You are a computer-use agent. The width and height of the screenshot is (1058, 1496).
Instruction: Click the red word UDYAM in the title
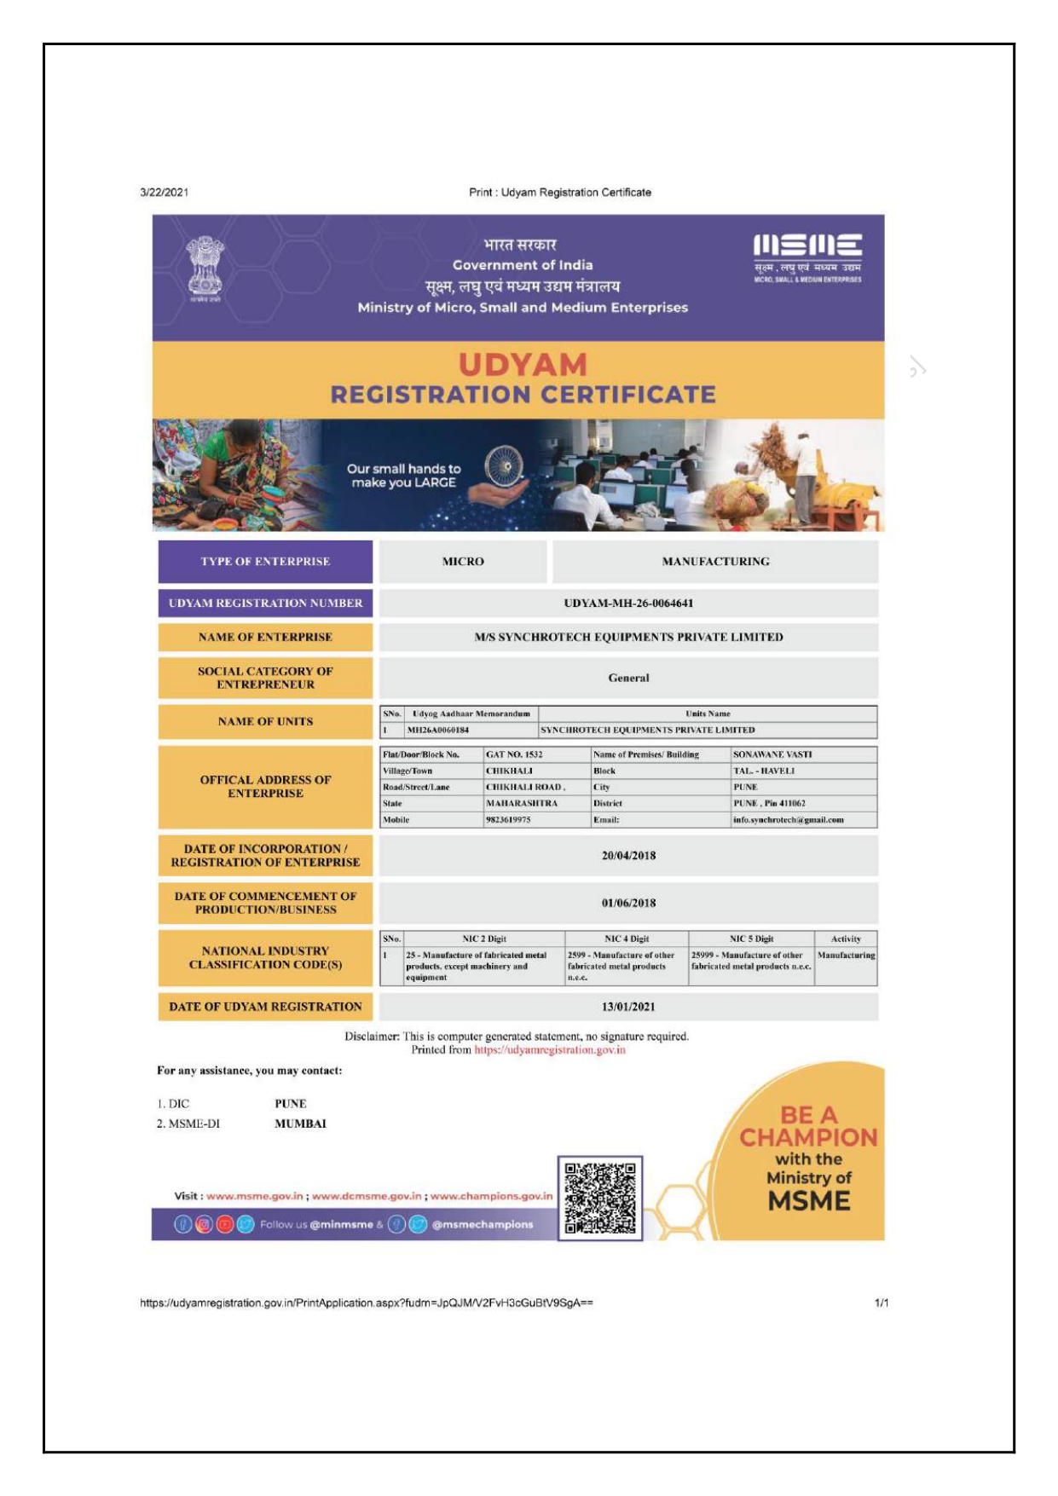[523, 365]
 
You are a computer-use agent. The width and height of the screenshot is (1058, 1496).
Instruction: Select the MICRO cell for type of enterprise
[463, 562]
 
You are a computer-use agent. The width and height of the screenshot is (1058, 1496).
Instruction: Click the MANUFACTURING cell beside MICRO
[715, 562]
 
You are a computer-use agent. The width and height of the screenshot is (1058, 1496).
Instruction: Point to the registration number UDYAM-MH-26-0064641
[628, 604]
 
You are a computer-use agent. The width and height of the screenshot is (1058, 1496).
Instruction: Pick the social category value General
[628, 679]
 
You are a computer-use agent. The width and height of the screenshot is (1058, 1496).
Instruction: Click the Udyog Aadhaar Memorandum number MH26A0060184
[438, 731]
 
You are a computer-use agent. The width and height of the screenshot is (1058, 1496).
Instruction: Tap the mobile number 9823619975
[508, 820]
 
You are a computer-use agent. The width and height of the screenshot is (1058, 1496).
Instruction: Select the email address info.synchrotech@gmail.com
[788, 820]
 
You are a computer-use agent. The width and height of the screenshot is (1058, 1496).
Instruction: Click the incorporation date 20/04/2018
[628, 856]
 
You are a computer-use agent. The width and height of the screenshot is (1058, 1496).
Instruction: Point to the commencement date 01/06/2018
[628, 904]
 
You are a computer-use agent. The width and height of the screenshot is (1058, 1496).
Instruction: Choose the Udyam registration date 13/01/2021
[628, 1007]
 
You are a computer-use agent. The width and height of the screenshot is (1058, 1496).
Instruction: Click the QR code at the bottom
[600, 1198]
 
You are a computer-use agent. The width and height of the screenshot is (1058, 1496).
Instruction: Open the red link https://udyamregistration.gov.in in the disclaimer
[550, 1050]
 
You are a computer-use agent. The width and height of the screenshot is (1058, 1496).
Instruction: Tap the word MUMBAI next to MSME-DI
[300, 1124]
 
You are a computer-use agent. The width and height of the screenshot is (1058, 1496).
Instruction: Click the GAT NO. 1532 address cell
[514, 755]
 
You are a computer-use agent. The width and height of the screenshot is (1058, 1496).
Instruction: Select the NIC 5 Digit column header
[751, 939]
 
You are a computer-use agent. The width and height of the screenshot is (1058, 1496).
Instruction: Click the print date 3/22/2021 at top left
[165, 193]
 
